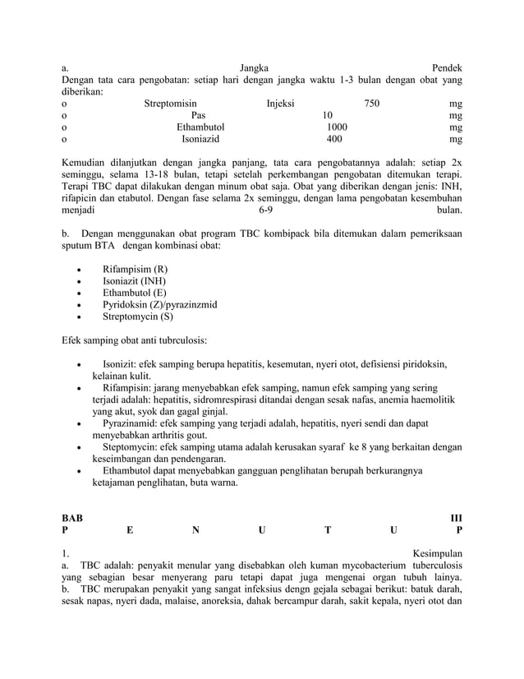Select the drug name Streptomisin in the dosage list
click(x=170, y=104)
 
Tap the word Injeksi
click(x=281, y=104)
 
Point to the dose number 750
click(x=371, y=104)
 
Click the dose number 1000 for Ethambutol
click(x=337, y=127)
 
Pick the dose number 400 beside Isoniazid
click(x=335, y=140)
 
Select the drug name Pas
click(x=198, y=116)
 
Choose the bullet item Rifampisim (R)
click(x=135, y=270)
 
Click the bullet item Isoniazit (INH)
click(x=134, y=281)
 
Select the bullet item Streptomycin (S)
click(x=138, y=316)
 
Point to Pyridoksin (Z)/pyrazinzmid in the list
click(x=159, y=304)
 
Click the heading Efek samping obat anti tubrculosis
click(x=135, y=339)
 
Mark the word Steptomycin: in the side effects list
click(x=132, y=447)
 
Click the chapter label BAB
click(x=72, y=519)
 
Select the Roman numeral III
click(x=455, y=519)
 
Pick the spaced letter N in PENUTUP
click(x=195, y=530)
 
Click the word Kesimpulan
click(x=437, y=555)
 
